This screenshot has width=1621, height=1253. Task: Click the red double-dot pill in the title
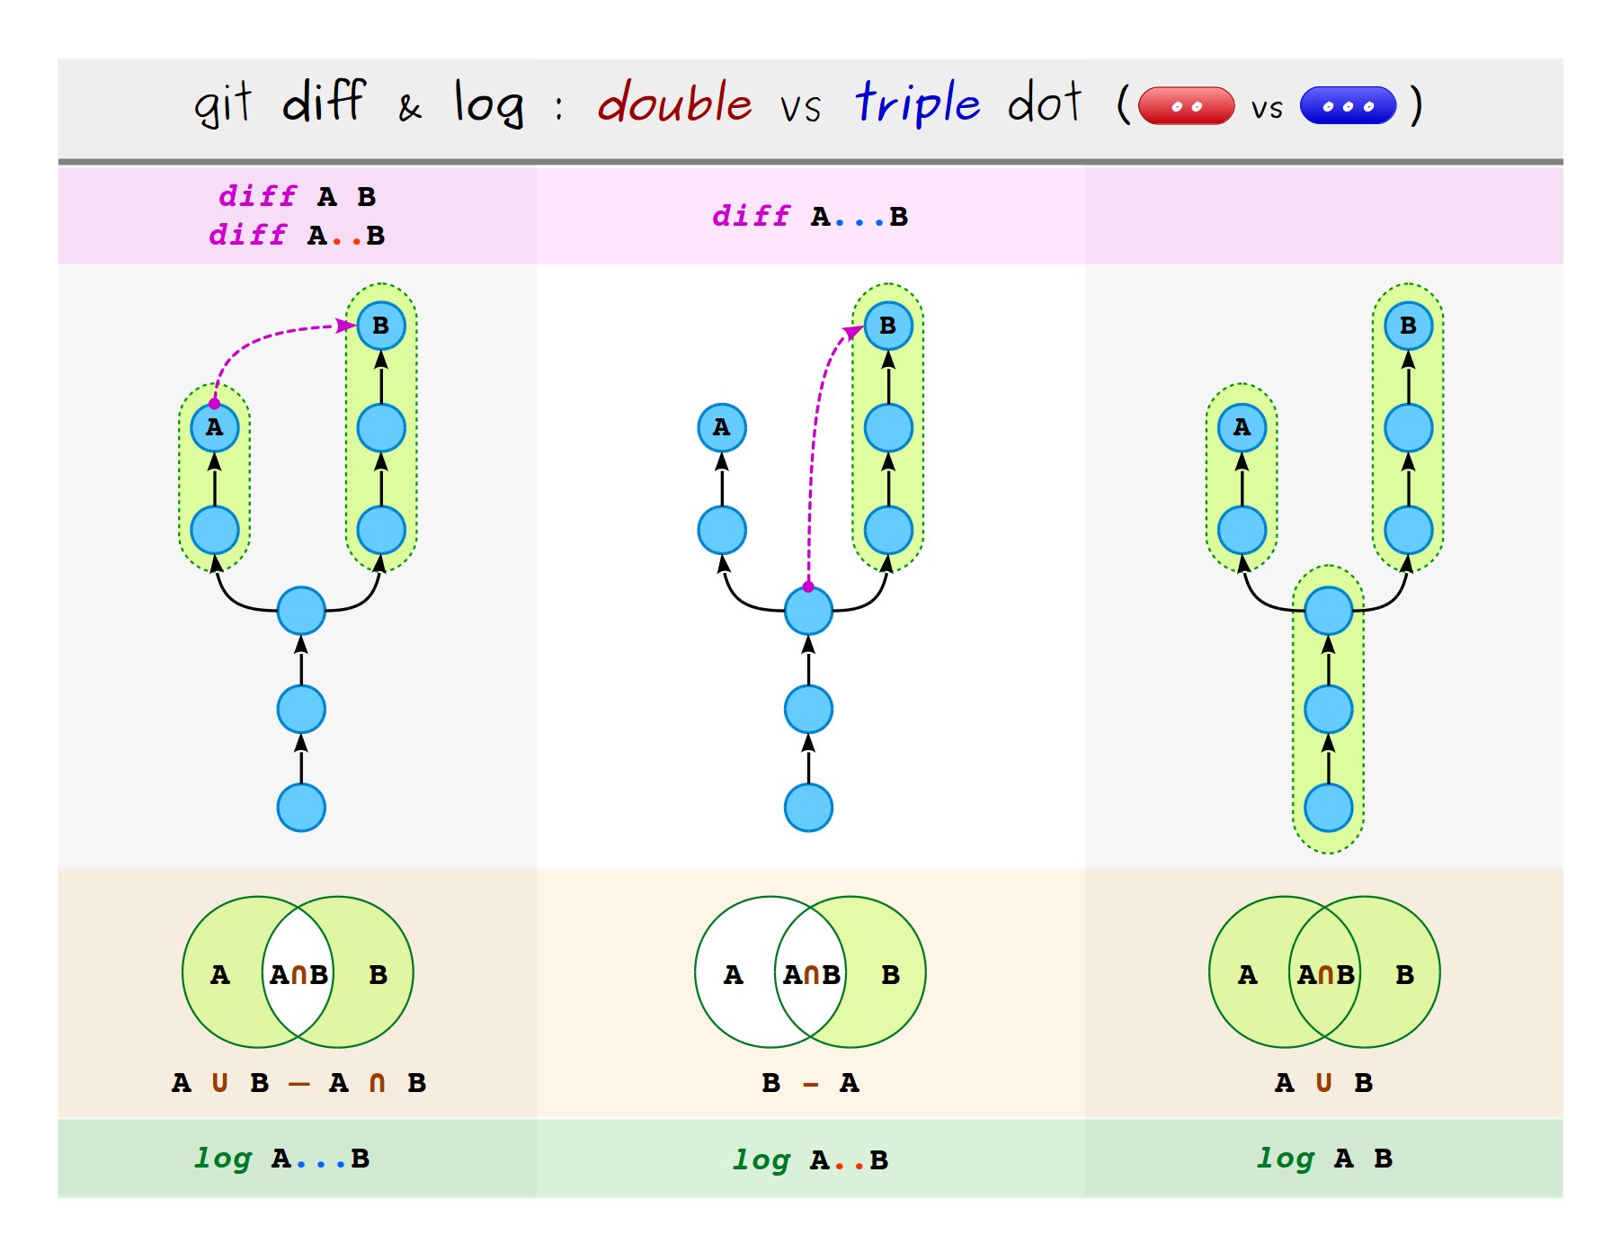pos(1186,106)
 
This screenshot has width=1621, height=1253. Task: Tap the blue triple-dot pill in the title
pos(1348,106)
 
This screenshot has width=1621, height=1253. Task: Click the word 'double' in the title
pos(675,103)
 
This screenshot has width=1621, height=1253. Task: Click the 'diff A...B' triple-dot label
pos(810,217)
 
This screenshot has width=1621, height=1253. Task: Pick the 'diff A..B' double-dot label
pos(297,236)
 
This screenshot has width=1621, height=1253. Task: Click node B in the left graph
pos(381,326)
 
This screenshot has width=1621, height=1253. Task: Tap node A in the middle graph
pos(722,427)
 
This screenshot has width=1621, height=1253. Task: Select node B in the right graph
pos(1408,326)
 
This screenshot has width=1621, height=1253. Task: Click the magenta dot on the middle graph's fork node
pos(808,586)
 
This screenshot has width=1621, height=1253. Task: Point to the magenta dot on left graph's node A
pos(214,404)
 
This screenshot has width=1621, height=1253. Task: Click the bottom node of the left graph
pos(301,807)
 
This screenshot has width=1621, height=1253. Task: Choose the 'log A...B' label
pos(282,1159)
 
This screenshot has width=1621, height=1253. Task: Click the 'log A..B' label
pos(810,1160)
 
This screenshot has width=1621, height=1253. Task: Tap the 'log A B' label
pos(1324,1159)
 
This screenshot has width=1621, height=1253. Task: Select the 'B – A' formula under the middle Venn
pos(810,1083)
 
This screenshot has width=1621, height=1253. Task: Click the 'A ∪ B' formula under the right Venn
pos(1323,1083)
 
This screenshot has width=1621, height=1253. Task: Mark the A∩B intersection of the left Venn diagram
pos(298,974)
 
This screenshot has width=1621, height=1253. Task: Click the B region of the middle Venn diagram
pos(890,975)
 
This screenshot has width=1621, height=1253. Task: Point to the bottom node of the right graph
pos(1329,807)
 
